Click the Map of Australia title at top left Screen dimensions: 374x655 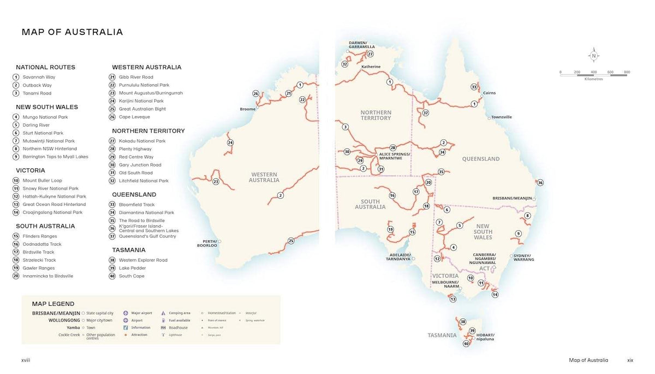point(72,32)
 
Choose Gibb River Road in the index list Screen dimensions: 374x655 point(136,77)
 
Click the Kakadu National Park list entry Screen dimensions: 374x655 point(142,141)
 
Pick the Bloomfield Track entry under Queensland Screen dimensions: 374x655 point(136,205)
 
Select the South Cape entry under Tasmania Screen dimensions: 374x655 point(132,276)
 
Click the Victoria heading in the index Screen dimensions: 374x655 point(31,170)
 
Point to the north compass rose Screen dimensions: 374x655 point(593,56)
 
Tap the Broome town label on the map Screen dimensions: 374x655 point(247,109)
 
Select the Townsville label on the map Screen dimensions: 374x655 point(501,117)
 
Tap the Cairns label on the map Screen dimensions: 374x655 point(489,93)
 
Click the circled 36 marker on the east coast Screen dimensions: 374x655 point(540,182)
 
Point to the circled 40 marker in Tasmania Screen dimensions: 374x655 point(466,343)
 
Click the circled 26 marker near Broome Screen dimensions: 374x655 point(255,93)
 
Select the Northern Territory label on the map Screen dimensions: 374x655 point(376,115)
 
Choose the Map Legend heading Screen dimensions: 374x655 point(53,304)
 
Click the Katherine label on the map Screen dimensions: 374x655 point(371,67)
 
